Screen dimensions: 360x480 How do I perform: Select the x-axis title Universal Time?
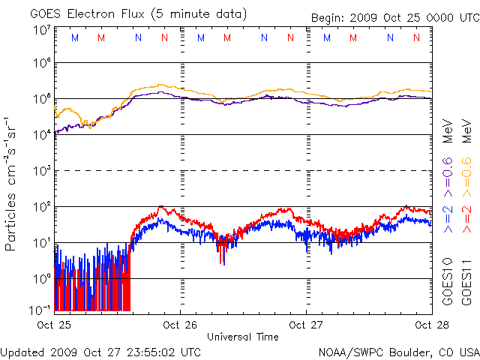click(242, 337)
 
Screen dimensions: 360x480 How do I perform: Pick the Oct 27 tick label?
click(306, 325)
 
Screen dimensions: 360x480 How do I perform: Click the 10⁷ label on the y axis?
click(42, 30)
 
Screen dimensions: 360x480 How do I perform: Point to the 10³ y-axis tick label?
click(42, 171)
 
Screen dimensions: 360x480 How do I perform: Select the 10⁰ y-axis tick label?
click(42, 278)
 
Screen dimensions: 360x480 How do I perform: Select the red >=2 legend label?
click(466, 217)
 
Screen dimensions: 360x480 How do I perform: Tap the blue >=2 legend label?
click(448, 217)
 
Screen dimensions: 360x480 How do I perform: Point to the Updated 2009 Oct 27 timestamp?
click(101, 351)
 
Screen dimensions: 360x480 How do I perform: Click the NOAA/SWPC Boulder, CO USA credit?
click(398, 351)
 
